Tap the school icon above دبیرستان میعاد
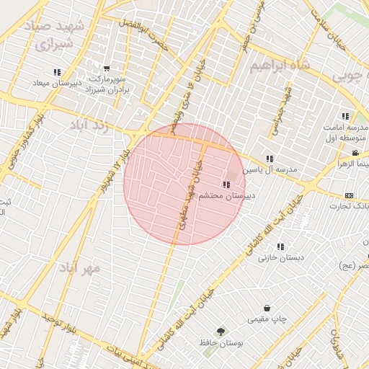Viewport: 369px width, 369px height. (x=57, y=72)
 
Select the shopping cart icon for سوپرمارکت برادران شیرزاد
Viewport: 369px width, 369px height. (x=107, y=68)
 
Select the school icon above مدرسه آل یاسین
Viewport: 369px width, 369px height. (x=270, y=159)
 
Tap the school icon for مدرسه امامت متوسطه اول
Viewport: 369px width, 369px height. (x=345, y=116)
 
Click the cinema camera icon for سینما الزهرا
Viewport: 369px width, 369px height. (x=355, y=153)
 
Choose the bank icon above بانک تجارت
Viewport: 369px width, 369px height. (x=350, y=195)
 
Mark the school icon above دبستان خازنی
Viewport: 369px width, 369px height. (x=280, y=246)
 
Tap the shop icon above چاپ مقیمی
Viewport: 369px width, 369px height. (x=267, y=308)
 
